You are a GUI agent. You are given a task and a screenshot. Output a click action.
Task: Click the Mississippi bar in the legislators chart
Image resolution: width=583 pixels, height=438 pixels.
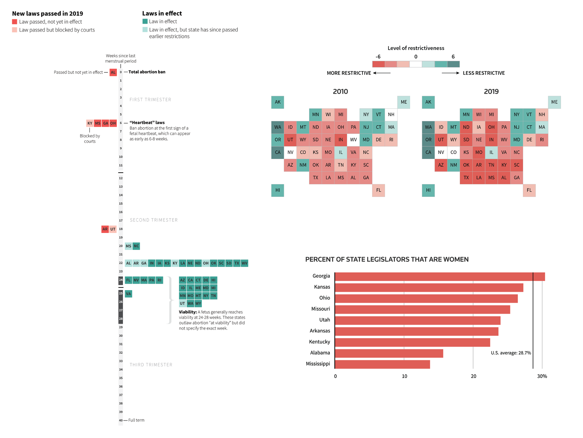[382, 364]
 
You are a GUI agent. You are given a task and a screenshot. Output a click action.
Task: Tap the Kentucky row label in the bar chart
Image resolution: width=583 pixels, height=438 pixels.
[319, 342]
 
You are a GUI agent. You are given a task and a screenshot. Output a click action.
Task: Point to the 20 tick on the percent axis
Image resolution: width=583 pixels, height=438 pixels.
[473, 376]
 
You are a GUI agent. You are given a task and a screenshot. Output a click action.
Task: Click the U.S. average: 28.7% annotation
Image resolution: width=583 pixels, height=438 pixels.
[511, 353]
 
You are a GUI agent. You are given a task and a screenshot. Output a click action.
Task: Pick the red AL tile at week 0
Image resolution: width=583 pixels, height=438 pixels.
[113, 72]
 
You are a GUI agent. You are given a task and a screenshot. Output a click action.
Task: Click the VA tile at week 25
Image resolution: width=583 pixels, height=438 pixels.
[128, 294]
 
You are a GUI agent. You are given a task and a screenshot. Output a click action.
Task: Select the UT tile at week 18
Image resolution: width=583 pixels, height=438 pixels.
[113, 229]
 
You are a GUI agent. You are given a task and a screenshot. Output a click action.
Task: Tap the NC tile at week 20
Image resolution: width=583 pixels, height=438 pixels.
[136, 246]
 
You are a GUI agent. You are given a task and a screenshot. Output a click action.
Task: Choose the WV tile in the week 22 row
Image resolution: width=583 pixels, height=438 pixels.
[244, 263]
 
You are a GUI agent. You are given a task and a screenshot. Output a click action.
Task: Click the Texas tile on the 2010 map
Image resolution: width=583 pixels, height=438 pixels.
[315, 178]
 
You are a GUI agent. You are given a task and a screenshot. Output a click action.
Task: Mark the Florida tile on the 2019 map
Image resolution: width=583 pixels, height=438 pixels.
[529, 190]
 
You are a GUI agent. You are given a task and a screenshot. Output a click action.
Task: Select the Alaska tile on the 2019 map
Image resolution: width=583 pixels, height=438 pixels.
[428, 102]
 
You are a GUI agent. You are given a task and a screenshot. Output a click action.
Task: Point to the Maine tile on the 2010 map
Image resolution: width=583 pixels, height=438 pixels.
[404, 102]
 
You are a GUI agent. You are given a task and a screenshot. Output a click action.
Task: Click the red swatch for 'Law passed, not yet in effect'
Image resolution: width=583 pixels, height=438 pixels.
[15, 22]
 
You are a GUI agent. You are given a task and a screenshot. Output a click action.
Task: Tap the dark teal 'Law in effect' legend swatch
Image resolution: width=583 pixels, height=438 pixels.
[145, 21]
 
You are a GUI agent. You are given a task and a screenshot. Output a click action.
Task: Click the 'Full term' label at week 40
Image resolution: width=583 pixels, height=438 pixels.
[136, 420]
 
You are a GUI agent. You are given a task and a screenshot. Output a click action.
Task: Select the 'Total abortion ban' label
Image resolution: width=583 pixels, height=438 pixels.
[147, 72]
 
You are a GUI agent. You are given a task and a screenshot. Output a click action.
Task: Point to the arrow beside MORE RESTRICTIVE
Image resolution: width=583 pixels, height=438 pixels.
[382, 73]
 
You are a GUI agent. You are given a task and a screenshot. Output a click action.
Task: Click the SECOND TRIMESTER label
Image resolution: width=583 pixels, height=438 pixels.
[154, 220]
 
